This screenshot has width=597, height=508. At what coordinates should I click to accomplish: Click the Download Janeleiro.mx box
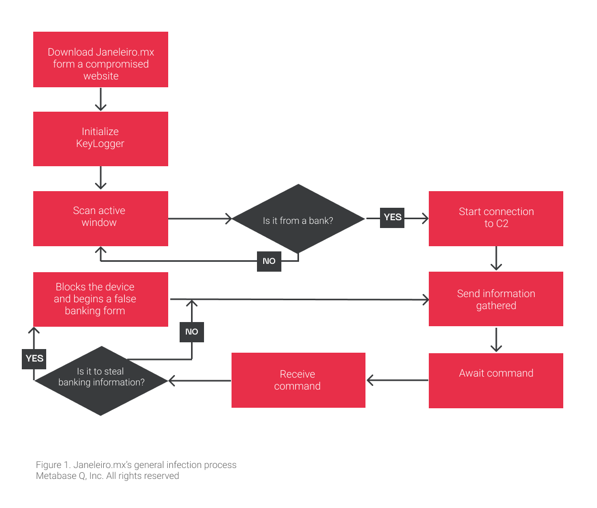[x=101, y=59]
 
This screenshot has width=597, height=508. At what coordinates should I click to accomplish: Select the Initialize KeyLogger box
[x=101, y=139]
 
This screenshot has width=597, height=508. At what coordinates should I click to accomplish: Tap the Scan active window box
[x=101, y=218]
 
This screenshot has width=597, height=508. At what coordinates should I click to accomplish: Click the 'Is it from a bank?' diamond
[x=298, y=219]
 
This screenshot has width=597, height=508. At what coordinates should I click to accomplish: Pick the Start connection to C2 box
[x=496, y=218]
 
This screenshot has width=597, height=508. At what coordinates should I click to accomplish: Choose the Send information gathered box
[x=496, y=299]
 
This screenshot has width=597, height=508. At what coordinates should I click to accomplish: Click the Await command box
[x=496, y=381]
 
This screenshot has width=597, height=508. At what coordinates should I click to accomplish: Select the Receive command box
[x=298, y=380]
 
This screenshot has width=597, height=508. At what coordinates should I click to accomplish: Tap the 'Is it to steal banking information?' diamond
[x=101, y=381]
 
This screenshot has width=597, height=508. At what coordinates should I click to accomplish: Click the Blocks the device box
[x=101, y=299]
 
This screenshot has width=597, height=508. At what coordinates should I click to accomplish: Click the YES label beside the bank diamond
[x=392, y=218]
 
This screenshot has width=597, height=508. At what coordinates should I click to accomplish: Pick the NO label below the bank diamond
[x=269, y=261]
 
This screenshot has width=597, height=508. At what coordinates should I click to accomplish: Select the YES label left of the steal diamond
[x=34, y=359]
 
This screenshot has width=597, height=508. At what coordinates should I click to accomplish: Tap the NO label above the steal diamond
[x=192, y=332]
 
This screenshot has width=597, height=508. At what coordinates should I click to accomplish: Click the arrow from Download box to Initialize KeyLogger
[x=101, y=99]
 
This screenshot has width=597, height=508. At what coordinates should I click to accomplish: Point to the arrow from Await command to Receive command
[x=397, y=380]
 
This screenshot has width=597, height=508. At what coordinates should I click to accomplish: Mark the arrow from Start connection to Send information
[x=496, y=258]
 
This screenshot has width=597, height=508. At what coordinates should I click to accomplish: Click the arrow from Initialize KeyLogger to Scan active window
[x=101, y=178]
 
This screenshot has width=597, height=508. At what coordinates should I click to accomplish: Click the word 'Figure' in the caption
[x=48, y=465]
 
